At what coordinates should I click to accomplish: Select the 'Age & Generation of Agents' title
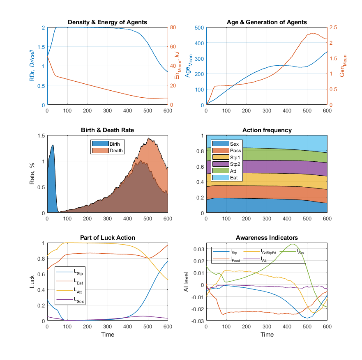(x=267, y=22)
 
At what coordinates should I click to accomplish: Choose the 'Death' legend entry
(x=116, y=150)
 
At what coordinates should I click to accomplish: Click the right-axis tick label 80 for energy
(x=174, y=28)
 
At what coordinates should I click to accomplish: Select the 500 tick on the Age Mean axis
(x=199, y=28)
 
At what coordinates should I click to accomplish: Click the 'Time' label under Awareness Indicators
(x=267, y=335)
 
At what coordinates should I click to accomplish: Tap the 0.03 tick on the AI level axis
(x=198, y=249)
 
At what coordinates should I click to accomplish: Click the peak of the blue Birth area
(x=53, y=145)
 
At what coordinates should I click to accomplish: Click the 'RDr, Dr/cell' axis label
(x=32, y=66)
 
